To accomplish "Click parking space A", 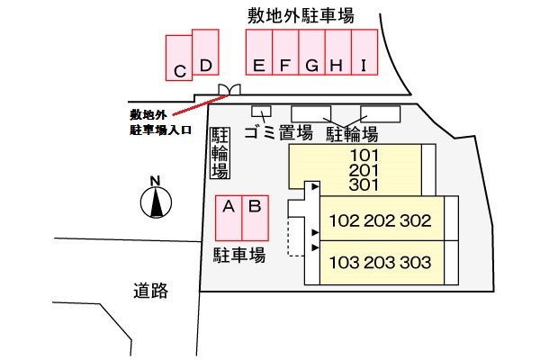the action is [x=229, y=218].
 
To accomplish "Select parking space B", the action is [x=256, y=218].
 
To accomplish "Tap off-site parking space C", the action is [x=179, y=58].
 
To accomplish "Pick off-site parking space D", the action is [x=205, y=52].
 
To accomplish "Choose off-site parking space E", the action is [x=259, y=52].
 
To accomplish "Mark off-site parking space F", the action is [x=285, y=52].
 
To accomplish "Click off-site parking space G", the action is [x=312, y=52].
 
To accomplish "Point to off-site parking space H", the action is [x=338, y=52].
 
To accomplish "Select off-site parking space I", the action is [x=364, y=52].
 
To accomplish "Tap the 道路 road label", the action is [x=151, y=291].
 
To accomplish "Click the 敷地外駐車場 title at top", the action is [x=301, y=16].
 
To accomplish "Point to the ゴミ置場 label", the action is [x=279, y=132].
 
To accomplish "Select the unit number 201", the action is [x=364, y=170].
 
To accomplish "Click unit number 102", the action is [x=345, y=220].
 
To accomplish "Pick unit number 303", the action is [x=416, y=263].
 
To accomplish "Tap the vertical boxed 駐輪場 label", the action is [x=220, y=153].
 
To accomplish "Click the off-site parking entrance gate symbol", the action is [x=229, y=89].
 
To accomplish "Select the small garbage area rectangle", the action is [x=261, y=112].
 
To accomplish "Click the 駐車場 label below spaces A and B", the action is [x=239, y=256].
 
